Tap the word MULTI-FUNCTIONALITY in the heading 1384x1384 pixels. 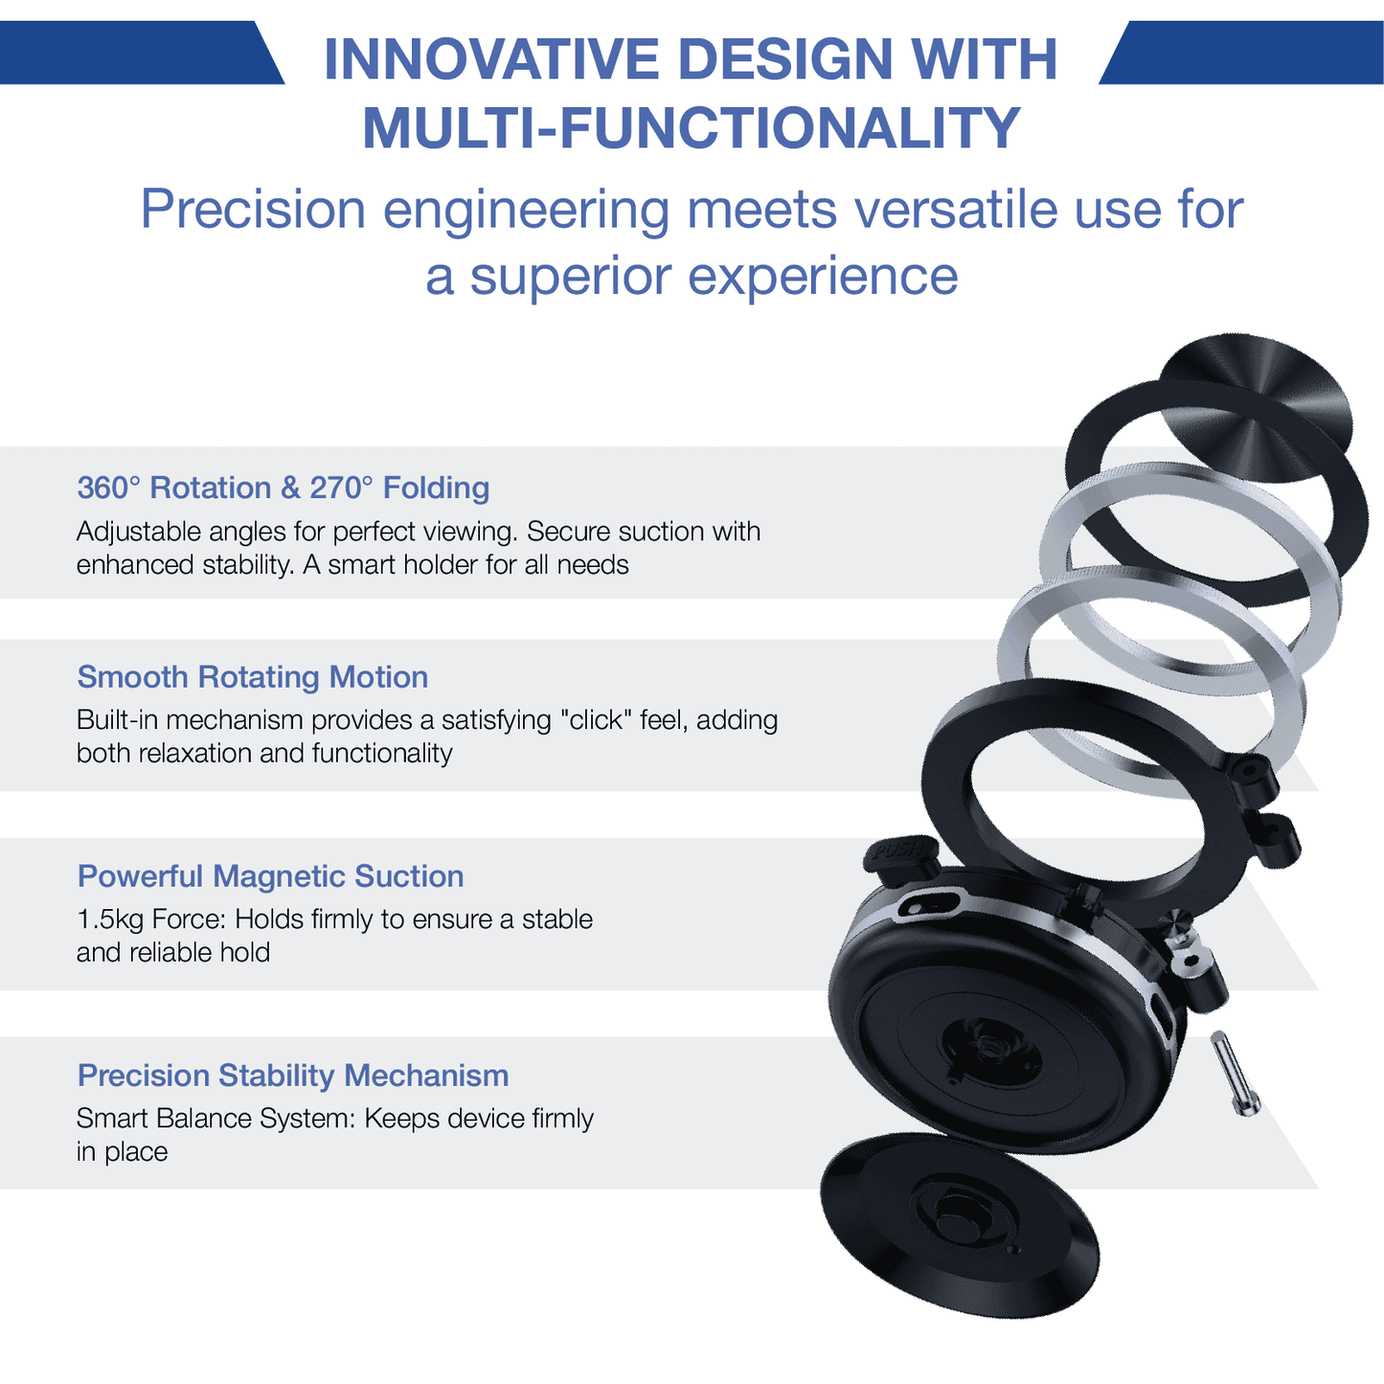tap(691, 128)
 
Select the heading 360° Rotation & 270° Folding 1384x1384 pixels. tap(283, 488)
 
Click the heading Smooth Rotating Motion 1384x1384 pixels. tap(252, 677)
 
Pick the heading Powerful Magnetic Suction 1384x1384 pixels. tap(270, 876)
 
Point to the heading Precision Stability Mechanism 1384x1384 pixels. tap(292, 1076)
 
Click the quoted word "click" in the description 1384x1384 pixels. tap(599, 719)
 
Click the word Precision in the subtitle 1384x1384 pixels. tap(253, 210)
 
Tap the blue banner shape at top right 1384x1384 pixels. tap(1245, 53)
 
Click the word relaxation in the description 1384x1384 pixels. tap(194, 753)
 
